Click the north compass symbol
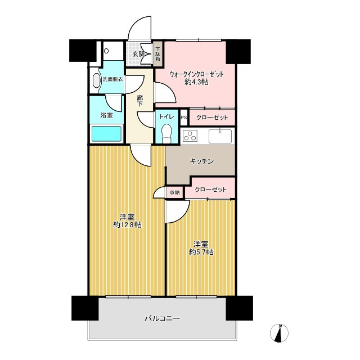coord(279,333)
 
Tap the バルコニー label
coord(163,318)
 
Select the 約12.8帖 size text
coord(127,225)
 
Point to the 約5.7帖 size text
coord(201,253)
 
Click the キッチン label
coord(201,161)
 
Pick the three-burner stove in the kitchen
coord(190,136)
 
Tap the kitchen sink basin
coord(220,136)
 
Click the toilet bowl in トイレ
coord(166,134)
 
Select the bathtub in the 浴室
coord(106,134)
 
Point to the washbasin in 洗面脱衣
coord(97,81)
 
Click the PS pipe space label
coord(184,118)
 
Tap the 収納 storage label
coord(175,192)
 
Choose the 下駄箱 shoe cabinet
coord(158,54)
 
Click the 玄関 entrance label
coord(138,54)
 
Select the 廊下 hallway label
coord(140,101)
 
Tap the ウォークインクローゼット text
coord(196,74)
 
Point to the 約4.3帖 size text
coord(196,82)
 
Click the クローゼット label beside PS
coord(212,118)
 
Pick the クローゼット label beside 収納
coord(210,190)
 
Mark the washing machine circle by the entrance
coord(106,51)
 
